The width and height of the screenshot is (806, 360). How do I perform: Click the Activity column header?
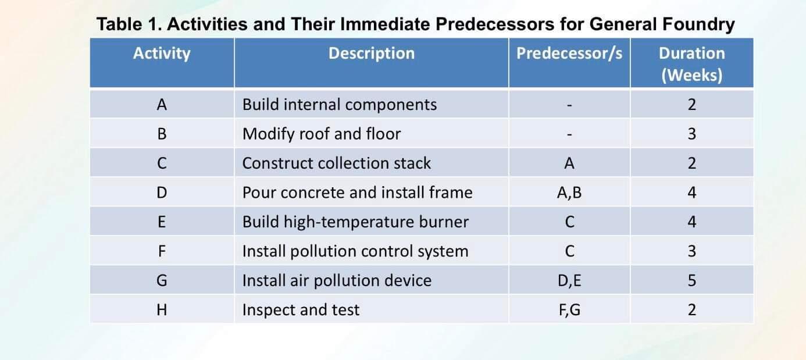click(x=162, y=54)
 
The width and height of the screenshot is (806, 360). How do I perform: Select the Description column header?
click(x=372, y=54)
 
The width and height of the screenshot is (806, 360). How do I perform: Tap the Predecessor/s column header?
click(x=569, y=54)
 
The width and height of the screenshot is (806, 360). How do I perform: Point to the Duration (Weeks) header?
click(x=691, y=64)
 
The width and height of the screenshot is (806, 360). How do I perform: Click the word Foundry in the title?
click(x=698, y=24)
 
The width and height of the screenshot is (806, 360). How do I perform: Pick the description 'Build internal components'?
click(x=339, y=105)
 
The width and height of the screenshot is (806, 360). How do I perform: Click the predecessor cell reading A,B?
click(x=569, y=193)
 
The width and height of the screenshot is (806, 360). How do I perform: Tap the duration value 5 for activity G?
click(x=691, y=280)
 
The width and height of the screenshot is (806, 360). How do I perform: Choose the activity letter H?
click(x=162, y=309)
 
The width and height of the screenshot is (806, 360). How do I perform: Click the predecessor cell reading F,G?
click(x=569, y=310)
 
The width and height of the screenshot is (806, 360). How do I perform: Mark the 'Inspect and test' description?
click(x=301, y=310)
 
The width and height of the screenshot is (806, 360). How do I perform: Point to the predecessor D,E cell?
click(x=569, y=280)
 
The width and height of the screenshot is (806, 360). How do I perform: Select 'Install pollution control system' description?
click(x=355, y=251)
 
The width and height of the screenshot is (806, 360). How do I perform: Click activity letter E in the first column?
click(x=162, y=222)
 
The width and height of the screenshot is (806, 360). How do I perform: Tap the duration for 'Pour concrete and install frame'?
click(x=691, y=193)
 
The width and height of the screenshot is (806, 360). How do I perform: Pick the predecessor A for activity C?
click(x=569, y=163)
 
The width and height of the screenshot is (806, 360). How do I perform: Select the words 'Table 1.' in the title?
click(x=129, y=24)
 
